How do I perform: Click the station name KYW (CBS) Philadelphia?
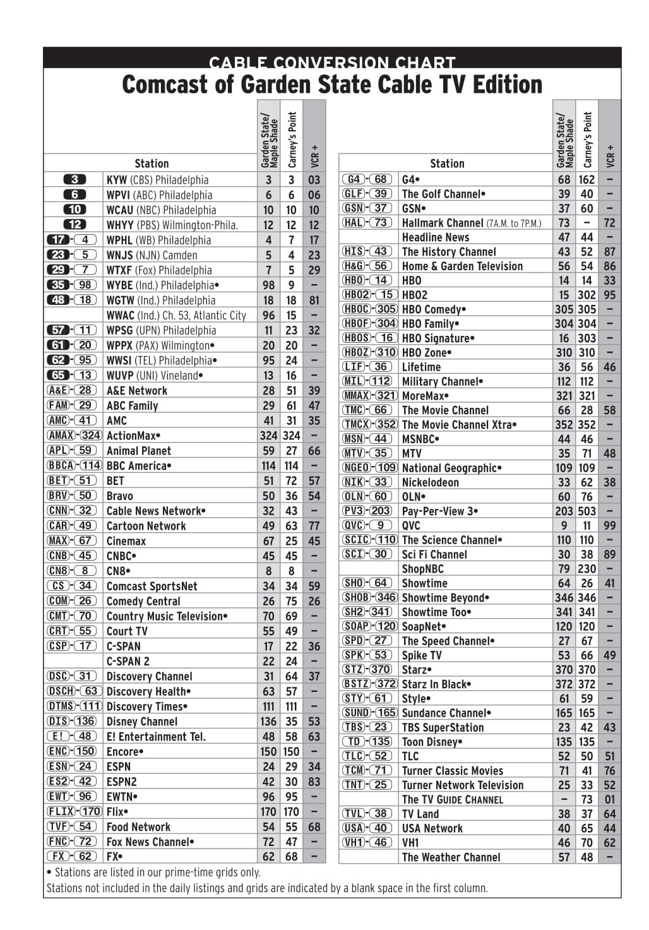pos(157,180)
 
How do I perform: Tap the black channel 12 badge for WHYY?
pos(74,225)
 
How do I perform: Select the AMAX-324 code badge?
pos(74,436)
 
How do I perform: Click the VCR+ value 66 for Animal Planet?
pos(314,451)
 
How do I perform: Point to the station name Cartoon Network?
pos(146,526)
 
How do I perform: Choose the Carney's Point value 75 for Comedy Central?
pos(291,601)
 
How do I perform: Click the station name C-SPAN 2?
pos(128,661)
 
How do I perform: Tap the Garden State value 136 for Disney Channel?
pos(268,722)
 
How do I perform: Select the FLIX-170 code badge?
pos(74,812)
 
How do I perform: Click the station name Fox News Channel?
pos(150,842)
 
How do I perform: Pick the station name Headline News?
pos(436,237)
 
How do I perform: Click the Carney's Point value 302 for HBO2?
pos(586,295)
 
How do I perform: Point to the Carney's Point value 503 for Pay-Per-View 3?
pos(586,511)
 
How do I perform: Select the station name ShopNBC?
pos(423,569)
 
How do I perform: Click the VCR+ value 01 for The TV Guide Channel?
pos(609,800)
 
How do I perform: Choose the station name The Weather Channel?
pos(451,857)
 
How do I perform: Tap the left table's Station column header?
pos(152,164)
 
